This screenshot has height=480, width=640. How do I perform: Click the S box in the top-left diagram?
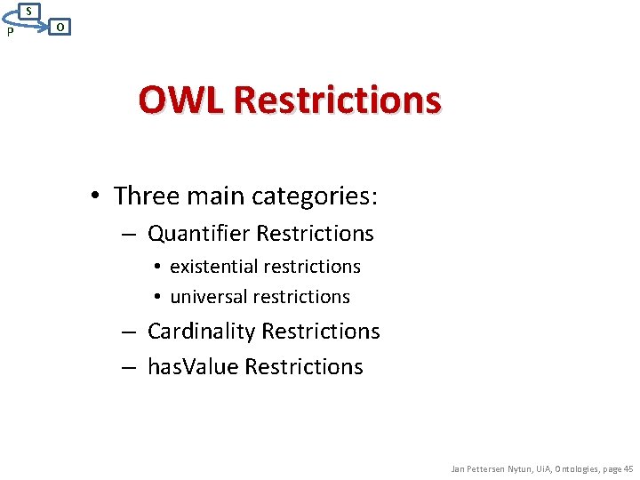[29, 11]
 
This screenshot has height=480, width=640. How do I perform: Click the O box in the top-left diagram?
[59, 27]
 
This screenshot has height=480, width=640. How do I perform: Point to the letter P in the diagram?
[9, 33]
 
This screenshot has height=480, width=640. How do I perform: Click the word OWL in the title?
[181, 100]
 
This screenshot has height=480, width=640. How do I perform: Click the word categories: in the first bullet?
[321, 195]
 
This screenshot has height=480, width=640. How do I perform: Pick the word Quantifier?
[198, 234]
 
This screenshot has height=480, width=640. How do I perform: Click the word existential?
[214, 267]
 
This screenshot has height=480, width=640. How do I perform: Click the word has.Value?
[193, 367]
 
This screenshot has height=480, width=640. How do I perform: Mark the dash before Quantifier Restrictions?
[129, 235]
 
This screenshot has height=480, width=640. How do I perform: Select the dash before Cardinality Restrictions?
[129, 332]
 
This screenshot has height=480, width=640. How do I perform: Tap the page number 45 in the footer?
[628, 468]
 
